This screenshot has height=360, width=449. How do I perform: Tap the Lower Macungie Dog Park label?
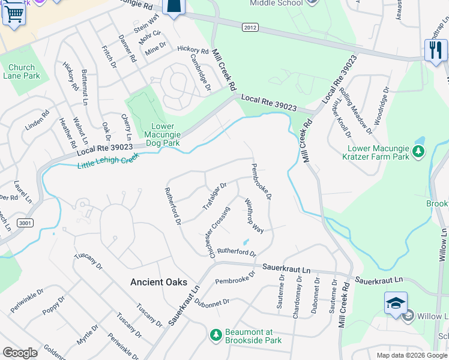point(163,134)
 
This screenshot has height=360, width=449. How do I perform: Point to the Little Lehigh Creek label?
point(109,160)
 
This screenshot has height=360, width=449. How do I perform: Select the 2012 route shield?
point(250,27)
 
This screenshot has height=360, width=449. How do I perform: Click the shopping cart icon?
point(13,14)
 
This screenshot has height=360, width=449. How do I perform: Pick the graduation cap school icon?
point(396,303)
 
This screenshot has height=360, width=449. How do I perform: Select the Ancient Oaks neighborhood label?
point(159,282)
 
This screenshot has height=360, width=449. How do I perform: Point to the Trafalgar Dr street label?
point(214,196)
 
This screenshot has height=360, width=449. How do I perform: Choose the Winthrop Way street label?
point(254,216)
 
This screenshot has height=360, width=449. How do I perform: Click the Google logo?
point(20,353)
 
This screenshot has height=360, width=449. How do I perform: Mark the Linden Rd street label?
point(37,121)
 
